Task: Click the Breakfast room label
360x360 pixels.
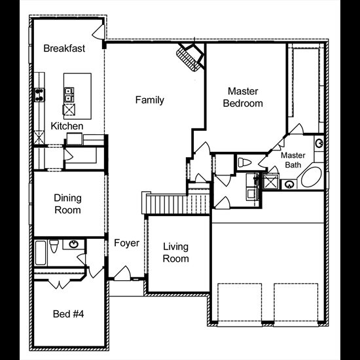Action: [x=64, y=48]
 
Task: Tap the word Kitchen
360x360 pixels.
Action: [x=67, y=126]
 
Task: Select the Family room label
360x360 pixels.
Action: [x=150, y=100]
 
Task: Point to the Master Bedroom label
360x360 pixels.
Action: [x=243, y=98]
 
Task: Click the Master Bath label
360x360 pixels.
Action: [x=293, y=160]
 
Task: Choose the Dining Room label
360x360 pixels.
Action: [x=67, y=204]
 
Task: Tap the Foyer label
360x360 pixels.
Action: [x=126, y=243]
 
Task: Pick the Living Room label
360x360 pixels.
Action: [x=176, y=253]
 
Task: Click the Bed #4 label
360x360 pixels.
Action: [x=68, y=314]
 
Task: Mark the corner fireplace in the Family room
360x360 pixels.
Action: [x=190, y=58]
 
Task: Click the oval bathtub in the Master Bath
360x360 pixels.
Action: [x=312, y=177]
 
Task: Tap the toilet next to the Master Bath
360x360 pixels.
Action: [x=245, y=162]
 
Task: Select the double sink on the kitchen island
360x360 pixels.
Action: [x=69, y=94]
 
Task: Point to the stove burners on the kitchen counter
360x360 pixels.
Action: [x=39, y=95]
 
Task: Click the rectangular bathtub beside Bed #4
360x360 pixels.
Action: [x=41, y=253]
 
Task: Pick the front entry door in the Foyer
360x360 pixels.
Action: [x=122, y=273]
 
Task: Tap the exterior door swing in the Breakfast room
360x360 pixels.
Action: [x=99, y=32]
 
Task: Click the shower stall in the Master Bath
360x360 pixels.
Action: [x=271, y=181]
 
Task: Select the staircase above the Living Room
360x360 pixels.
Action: [x=176, y=203]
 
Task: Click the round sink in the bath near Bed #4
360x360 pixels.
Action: [x=74, y=244]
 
